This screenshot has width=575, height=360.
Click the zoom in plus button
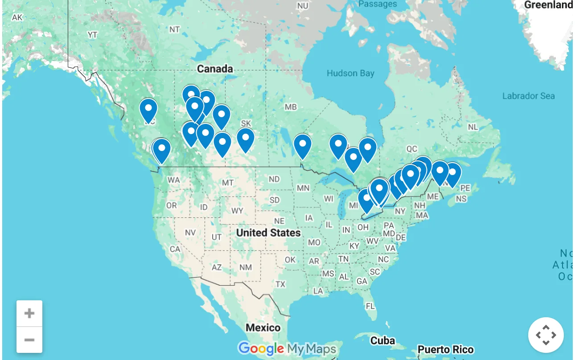(29, 313)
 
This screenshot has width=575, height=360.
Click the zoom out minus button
(29, 340)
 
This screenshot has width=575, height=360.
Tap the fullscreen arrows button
(546, 335)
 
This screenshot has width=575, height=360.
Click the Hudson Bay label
(350, 74)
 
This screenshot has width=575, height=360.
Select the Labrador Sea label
(528, 96)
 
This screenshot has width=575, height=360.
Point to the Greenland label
(548, 5)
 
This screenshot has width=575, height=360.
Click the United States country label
(268, 233)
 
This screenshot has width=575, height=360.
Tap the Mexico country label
(263, 328)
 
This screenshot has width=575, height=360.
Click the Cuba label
(382, 341)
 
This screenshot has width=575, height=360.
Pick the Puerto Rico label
(445, 349)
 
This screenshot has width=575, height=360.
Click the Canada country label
(215, 69)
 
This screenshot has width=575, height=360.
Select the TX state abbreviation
(280, 284)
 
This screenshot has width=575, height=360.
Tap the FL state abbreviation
(370, 306)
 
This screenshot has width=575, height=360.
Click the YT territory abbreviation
(92, 35)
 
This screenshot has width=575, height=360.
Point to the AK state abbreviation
(17, 18)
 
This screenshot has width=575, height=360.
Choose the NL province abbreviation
(473, 127)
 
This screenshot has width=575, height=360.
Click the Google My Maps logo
(287, 348)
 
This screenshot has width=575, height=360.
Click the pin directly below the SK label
(246, 139)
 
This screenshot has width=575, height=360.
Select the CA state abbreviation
(175, 249)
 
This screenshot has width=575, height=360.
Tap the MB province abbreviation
(291, 107)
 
